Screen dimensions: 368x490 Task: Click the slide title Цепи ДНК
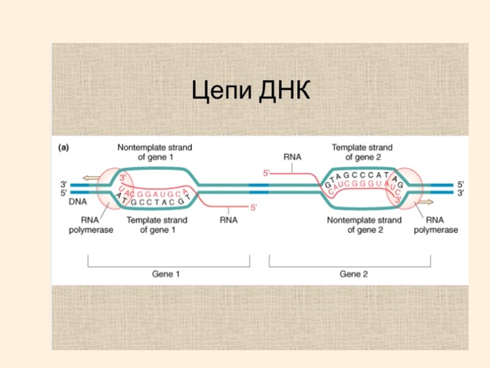click(251, 93)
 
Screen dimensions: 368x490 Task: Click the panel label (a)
click(64, 147)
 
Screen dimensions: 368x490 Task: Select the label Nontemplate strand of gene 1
click(155, 152)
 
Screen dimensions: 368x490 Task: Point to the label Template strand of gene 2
click(362, 152)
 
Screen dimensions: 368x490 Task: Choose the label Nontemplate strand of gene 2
click(364, 225)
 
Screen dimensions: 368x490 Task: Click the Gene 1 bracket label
click(166, 274)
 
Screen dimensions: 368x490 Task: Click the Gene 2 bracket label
click(354, 274)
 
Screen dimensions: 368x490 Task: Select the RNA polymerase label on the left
click(91, 225)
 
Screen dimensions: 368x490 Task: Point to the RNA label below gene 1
click(228, 220)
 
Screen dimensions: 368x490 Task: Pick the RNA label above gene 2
click(292, 157)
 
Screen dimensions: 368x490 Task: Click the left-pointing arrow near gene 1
click(90, 178)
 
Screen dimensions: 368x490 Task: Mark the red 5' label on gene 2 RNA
click(266, 174)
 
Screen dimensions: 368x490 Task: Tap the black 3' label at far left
click(62, 183)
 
